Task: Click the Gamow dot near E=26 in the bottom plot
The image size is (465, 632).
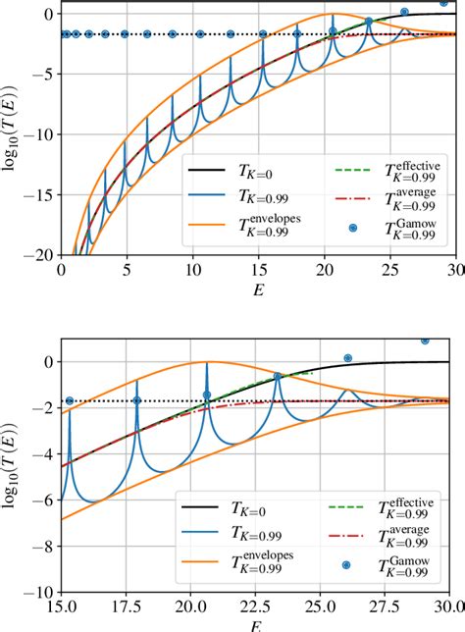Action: (x=348, y=358)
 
